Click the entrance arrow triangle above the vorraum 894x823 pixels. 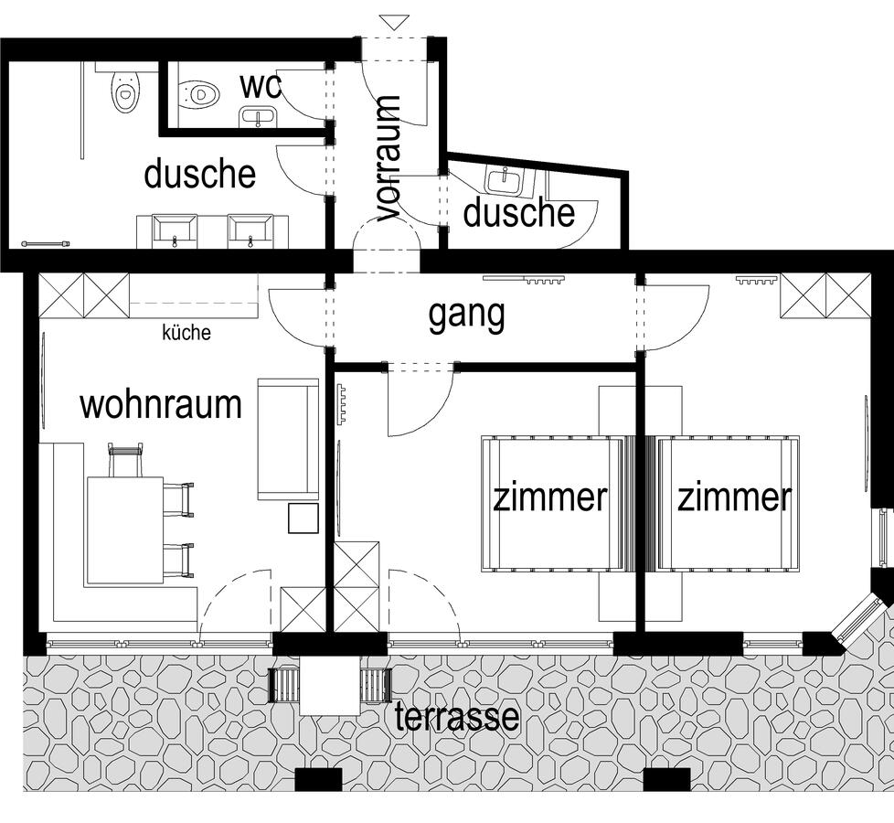pyautogui.click(x=395, y=22)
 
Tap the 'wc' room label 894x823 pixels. pyautogui.click(x=260, y=86)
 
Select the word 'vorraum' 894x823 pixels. pyautogui.click(x=388, y=158)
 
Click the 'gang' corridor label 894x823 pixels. pyautogui.click(x=466, y=315)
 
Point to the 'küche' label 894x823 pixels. pyautogui.click(x=186, y=332)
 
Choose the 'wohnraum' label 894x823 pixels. pyautogui.click(x=161, y=404)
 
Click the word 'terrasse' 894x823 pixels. pyautogui.click(x=457, y=716)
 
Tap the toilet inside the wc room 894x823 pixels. pyautogui.click(x=199, y=94)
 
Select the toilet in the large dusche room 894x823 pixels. pyautogui.click(x=125, y=91)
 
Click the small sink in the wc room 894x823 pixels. pyautogui.click(x=259, y=117)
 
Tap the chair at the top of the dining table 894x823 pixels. pyautogui.click(x=125, y=460)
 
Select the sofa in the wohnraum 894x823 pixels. pyautogui.click(x=288, y=439)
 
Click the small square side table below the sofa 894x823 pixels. pyautogui.click(x=303, y=518)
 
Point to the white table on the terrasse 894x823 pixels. pyautogui.click(x=330, y=686)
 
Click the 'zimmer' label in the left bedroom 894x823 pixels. pyautogui.click(x=550, y=497)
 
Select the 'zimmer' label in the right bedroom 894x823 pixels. pyautogui.click(x=734, y=497)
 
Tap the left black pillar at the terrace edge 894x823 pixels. pyautogui.click(x=318, y=779)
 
